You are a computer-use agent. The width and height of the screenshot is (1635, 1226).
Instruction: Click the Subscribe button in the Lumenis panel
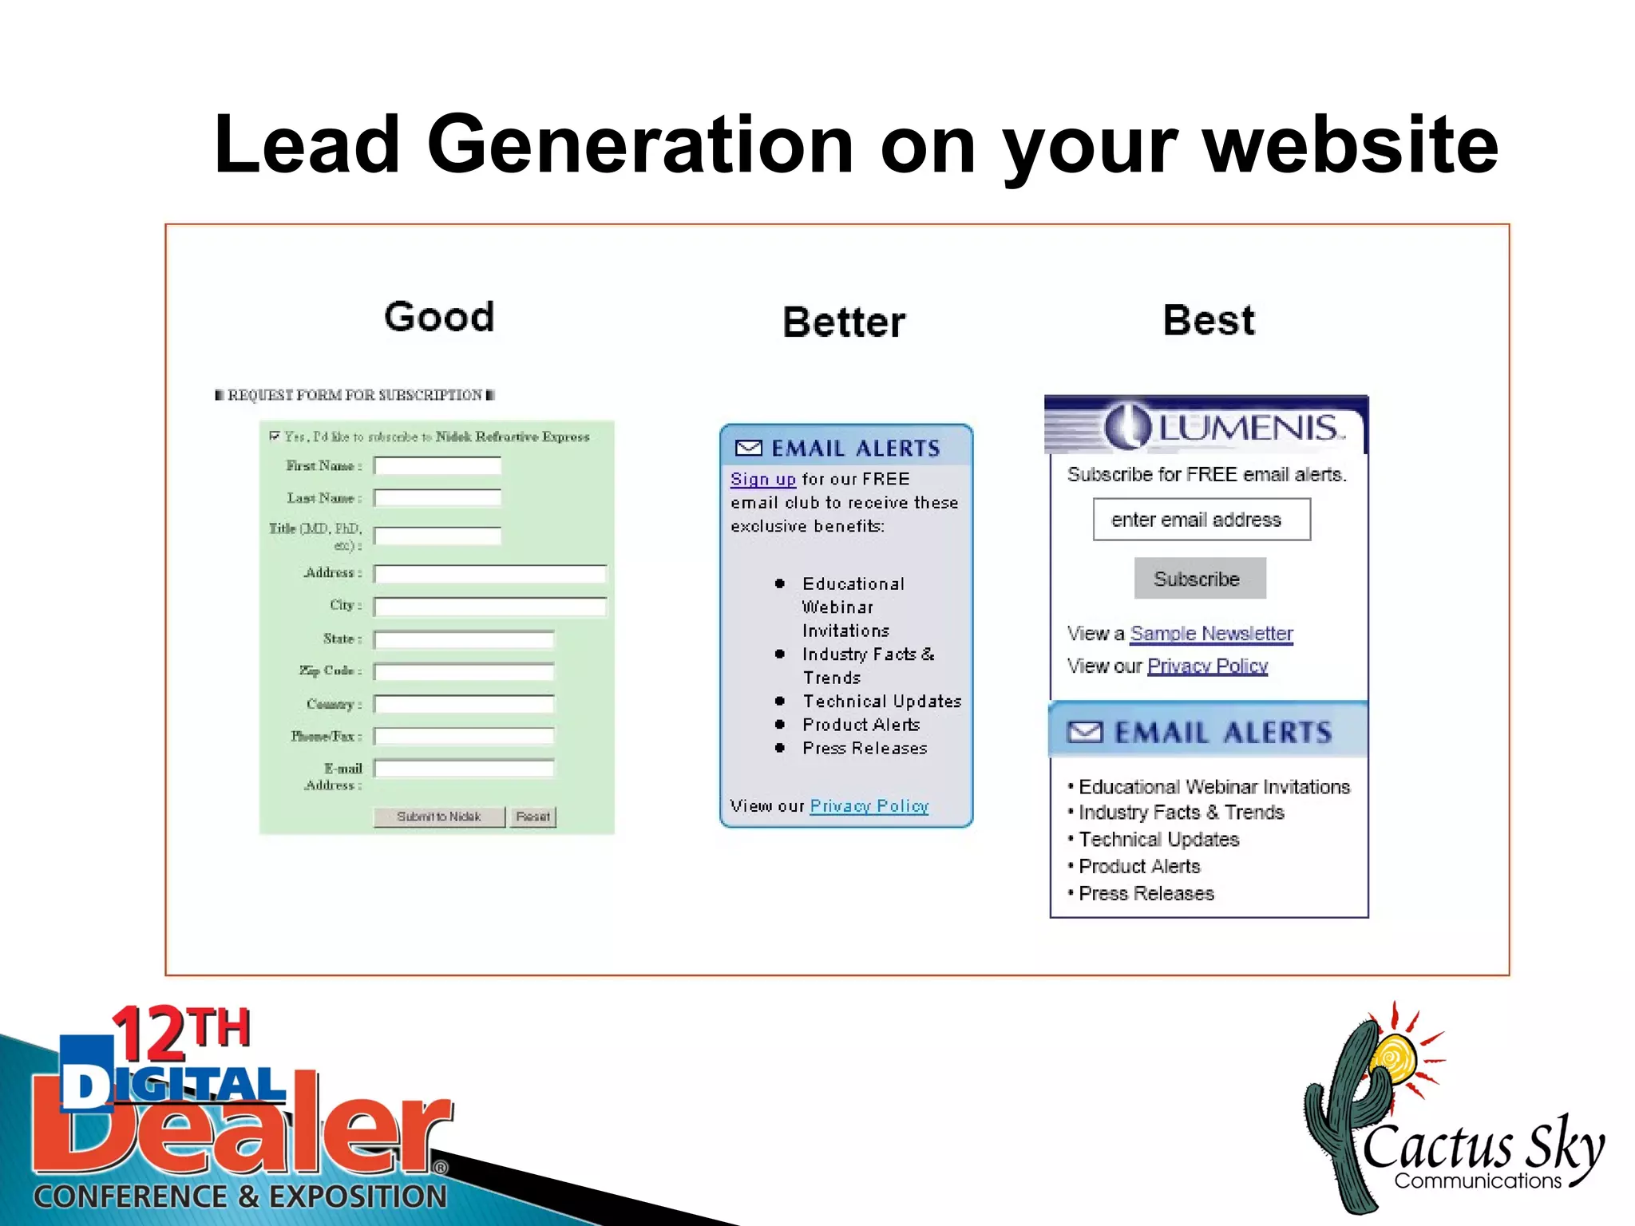(1199, 579)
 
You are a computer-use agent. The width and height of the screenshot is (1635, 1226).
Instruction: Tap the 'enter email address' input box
(1201, 520)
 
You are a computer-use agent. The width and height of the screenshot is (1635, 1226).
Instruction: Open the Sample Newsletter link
(1211, 634)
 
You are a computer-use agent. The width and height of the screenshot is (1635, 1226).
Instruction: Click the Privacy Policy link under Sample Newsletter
(1207, 666)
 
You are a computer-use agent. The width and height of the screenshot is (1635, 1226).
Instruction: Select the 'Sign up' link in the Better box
(762, 480)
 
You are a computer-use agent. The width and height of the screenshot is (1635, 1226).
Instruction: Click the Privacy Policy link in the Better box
(869, 806)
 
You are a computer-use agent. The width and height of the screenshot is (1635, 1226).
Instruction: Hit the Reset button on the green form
(532, 817)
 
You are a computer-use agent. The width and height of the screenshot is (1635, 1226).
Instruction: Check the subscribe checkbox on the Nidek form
(275, 436)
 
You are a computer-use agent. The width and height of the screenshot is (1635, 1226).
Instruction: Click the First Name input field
(437, 465)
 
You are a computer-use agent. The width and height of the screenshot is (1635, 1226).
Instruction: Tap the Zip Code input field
(464, 671)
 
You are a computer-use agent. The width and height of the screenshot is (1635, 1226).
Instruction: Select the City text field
(490, 606)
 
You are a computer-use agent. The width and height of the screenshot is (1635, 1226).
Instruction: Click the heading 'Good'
(439, 317)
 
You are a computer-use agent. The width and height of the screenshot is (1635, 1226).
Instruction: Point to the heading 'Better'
(844, 322)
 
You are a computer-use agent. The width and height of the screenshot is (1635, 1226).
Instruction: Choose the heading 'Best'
(1209, 321)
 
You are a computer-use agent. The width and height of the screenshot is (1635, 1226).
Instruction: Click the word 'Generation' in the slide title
(640, 144)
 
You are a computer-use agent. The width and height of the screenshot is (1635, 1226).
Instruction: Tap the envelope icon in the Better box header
(748, 448)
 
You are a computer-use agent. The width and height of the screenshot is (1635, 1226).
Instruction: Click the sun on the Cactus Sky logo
(1394, 1058)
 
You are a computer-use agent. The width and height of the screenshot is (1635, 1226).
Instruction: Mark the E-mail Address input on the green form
(464, 769)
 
